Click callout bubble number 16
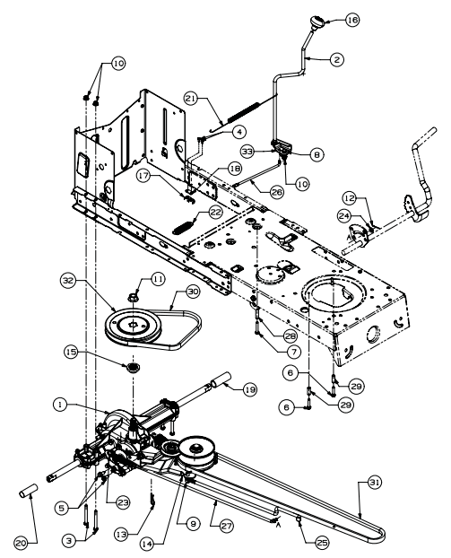coord(352,20)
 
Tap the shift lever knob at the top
coord(316,22)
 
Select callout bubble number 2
coord(336,59)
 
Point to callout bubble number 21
coord(191,99)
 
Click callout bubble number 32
coord(67,281)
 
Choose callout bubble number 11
coord(159,279)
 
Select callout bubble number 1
coord(60,405)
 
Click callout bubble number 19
coord(250,389)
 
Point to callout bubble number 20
coord(21,543)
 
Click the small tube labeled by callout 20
coord(28,491)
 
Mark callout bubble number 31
coord(374,483)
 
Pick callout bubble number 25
coord(321,543)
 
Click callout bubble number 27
coord(227,526)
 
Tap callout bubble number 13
coord(122,534)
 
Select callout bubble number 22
coord(215,213)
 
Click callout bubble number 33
coord(247,152)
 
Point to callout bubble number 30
coord(193,292)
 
